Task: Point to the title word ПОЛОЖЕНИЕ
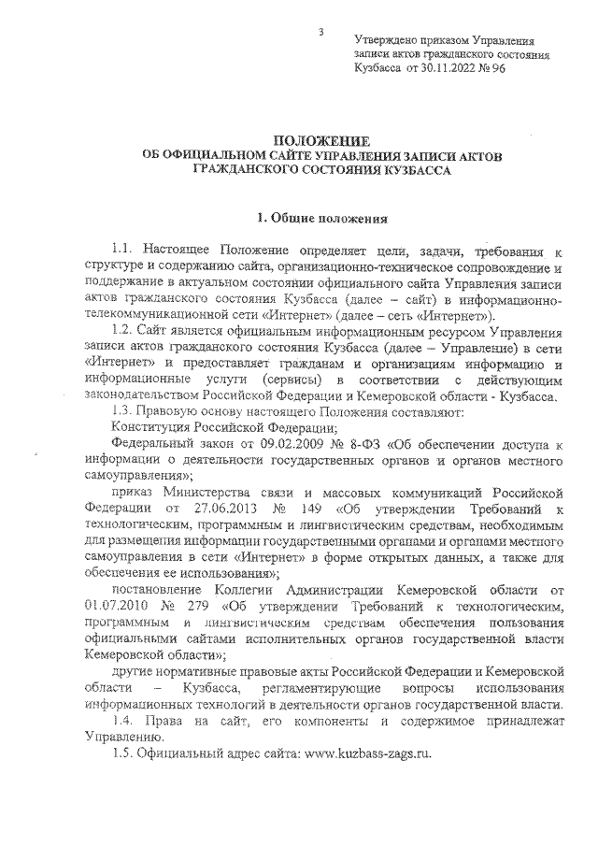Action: (x=320, y=139)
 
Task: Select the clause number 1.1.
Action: (x=124, y=252)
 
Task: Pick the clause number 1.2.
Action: (x=124, y=331)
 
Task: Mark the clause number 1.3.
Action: (x=123, y=410)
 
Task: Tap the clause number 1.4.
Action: (x=124, y=723)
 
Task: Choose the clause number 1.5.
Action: (x=124, y=754)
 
